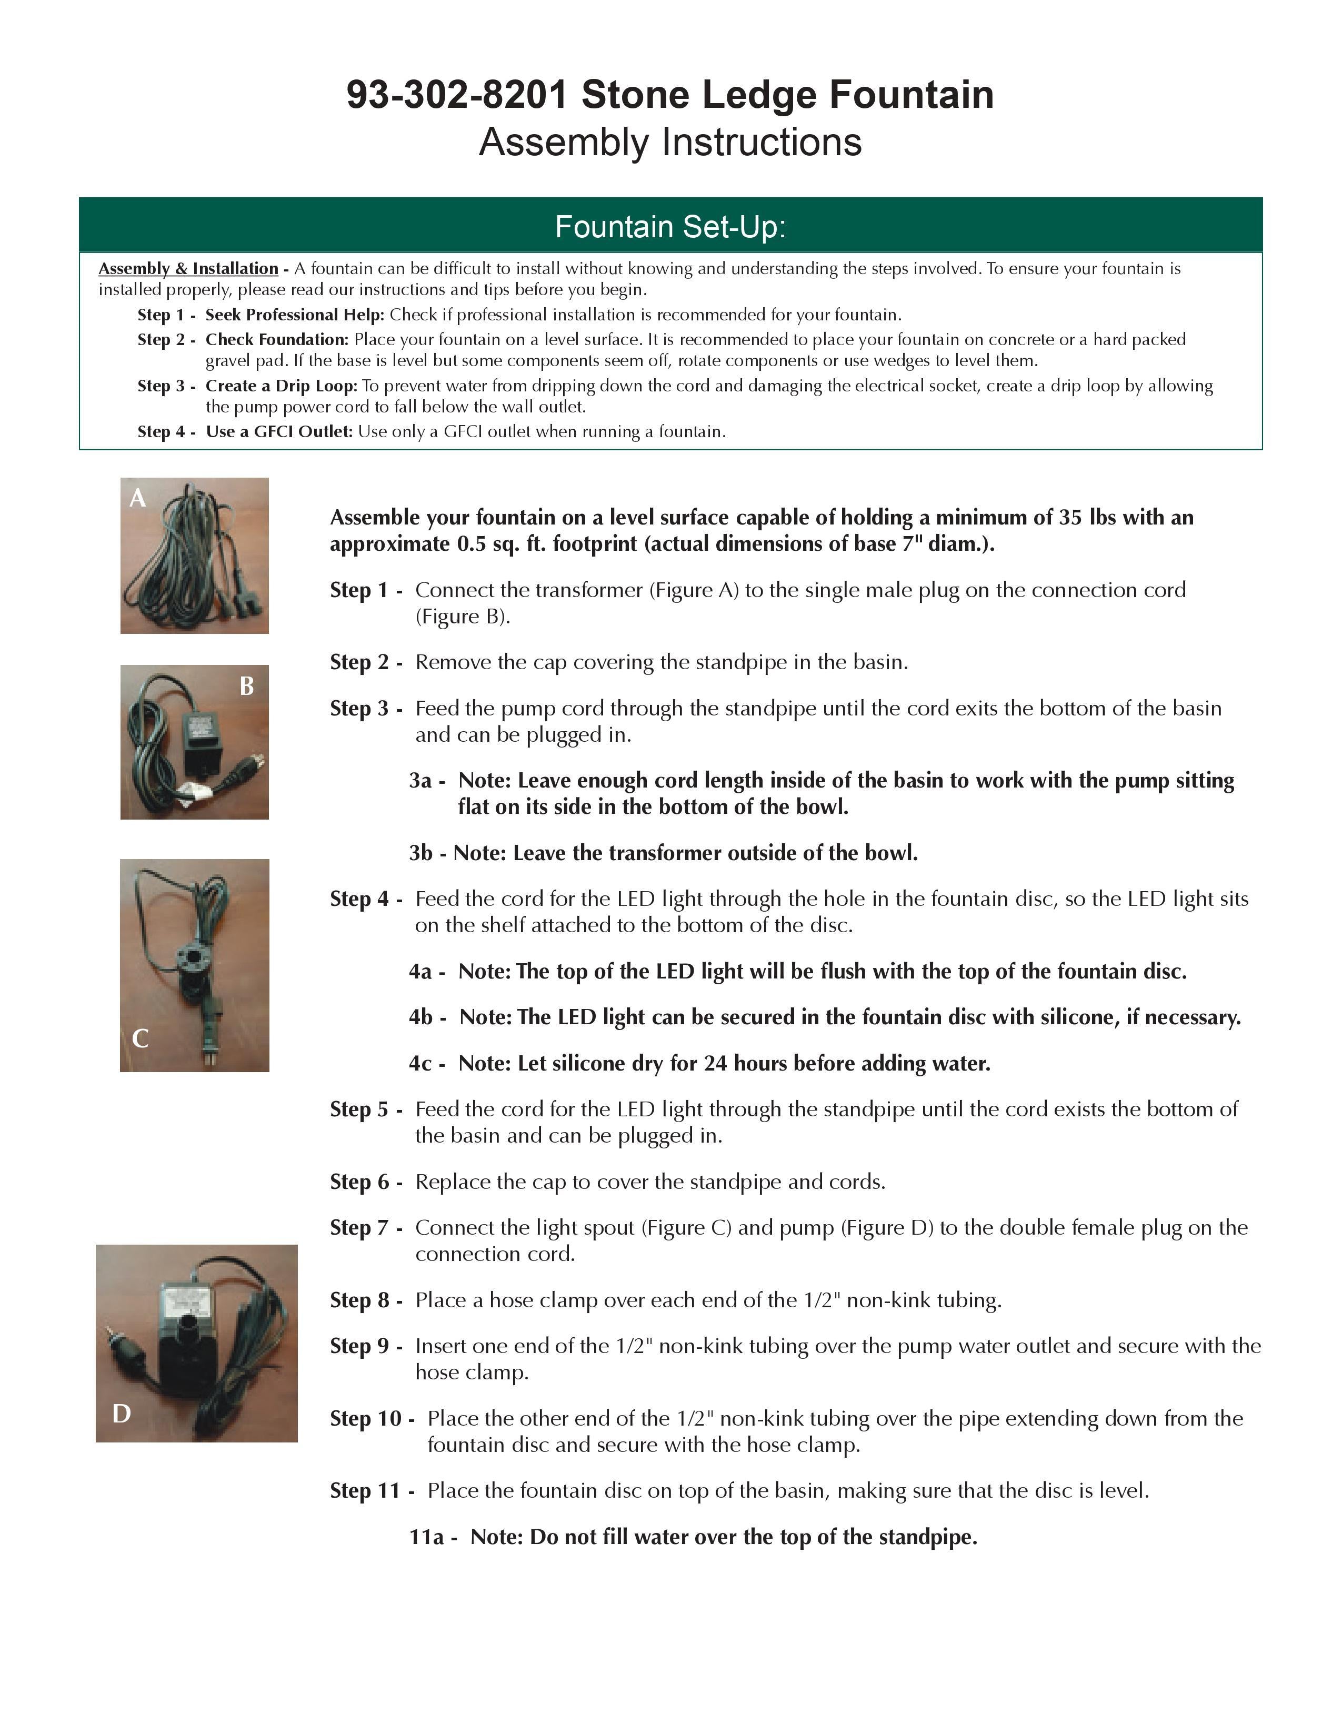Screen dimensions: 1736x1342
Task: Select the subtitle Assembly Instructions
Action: pyautogui.click(x=670, y=142)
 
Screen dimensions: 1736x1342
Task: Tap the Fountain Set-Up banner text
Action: pyautogui.click(x=670, y=227)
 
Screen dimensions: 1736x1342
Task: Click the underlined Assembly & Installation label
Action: pyautogui.click(x=188, y=269)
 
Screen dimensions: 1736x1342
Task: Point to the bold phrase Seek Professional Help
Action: pyautogui.click(x=295, y=315)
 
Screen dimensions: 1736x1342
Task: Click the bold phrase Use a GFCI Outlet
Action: pyautogui.click(x=279, y=431)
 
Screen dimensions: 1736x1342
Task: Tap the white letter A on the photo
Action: pyautogui.click(x=137, y=498)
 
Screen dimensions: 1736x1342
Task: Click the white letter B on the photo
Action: pyautogui.click(x=246, y=686)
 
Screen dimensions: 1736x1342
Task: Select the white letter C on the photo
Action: pyautogui.click(x=140, y=1038)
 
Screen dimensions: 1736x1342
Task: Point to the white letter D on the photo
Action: pyautogui.click(x=122, y=1414)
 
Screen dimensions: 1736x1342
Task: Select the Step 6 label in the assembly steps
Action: pyautogui.click(x=360, y=1182)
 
